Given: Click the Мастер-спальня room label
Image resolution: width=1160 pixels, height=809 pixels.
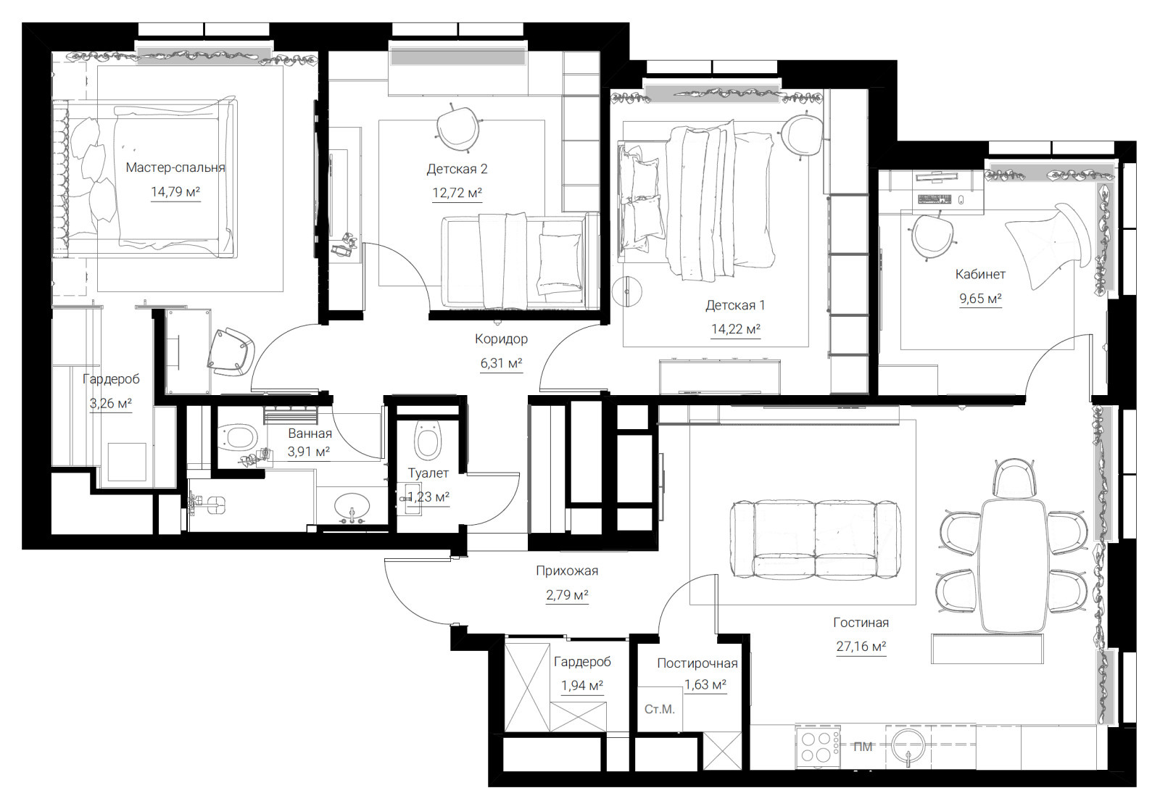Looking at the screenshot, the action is coord(175,167).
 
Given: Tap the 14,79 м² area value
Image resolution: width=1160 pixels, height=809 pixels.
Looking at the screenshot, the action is coord(175,192).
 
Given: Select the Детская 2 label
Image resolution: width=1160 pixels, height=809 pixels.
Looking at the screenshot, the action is coord(457,169).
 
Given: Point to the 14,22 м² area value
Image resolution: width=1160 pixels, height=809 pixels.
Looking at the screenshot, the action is coord(735,329).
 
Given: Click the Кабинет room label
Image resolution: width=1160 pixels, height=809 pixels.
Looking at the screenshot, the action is coord(980,274).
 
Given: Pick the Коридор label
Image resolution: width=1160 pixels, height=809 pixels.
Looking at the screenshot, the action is coord(501,339).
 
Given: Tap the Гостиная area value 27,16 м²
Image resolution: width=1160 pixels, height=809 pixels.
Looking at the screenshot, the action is coord(861,647).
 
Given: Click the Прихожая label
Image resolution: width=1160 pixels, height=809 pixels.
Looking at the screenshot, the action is coord(567,571).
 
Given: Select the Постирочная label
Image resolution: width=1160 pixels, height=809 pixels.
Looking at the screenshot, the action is coord(697,663).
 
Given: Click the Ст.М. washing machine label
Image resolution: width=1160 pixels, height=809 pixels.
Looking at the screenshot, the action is coord(659,709).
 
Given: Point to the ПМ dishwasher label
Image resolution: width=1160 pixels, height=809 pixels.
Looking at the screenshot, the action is coord(863,747).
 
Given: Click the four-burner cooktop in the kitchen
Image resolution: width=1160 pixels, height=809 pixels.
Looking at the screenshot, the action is coord(818,747).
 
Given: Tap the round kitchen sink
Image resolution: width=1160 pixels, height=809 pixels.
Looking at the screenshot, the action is coord(909,744).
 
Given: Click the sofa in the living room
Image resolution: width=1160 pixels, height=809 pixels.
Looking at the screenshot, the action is coord(815,539).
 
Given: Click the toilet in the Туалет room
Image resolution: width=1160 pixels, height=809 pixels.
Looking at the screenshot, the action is coord(428,440).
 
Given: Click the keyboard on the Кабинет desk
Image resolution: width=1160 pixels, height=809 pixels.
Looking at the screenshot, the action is coord(935,199).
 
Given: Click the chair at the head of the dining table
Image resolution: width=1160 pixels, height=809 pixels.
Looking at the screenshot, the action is coord(1014,478).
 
